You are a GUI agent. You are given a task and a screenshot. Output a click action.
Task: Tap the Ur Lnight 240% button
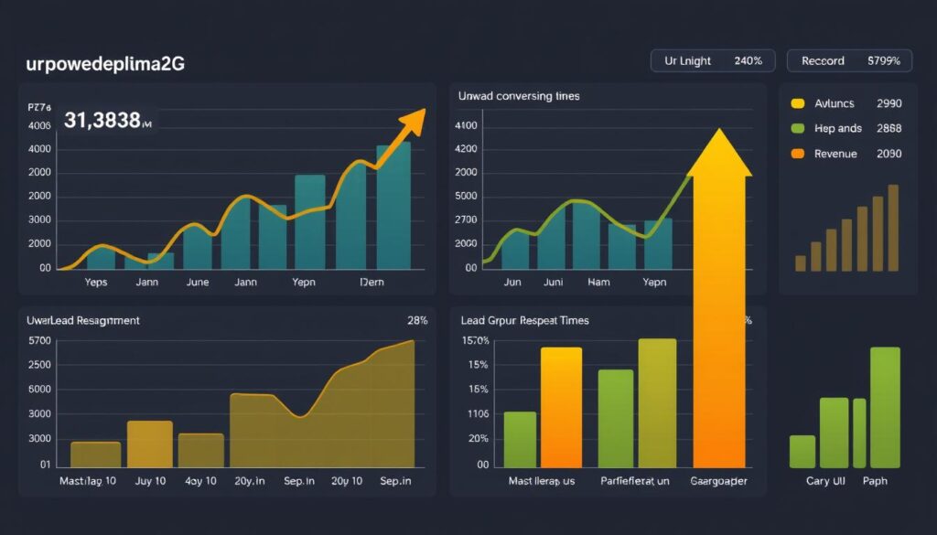713,61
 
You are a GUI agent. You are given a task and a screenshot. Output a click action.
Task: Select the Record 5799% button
849,61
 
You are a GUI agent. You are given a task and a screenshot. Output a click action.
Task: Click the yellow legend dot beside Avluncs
797,104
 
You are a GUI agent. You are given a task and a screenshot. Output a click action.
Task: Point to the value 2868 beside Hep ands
889,129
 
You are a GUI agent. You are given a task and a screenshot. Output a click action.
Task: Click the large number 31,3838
102,120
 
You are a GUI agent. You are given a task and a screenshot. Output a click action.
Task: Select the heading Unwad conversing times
520,95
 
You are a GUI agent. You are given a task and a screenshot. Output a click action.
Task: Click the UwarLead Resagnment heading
84,320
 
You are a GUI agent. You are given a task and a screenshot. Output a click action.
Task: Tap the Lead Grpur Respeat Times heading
525,320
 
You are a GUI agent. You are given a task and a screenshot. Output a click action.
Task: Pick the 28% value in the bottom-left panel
416,320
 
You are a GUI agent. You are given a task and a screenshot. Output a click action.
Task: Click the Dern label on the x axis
372,283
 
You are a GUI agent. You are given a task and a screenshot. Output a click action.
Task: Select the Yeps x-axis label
95,283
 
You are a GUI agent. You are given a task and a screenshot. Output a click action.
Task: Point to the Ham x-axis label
598,283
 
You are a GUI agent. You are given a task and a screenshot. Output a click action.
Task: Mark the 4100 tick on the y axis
466,125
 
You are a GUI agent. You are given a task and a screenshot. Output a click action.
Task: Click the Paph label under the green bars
875,481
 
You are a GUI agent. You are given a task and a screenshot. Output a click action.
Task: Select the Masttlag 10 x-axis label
87,481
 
